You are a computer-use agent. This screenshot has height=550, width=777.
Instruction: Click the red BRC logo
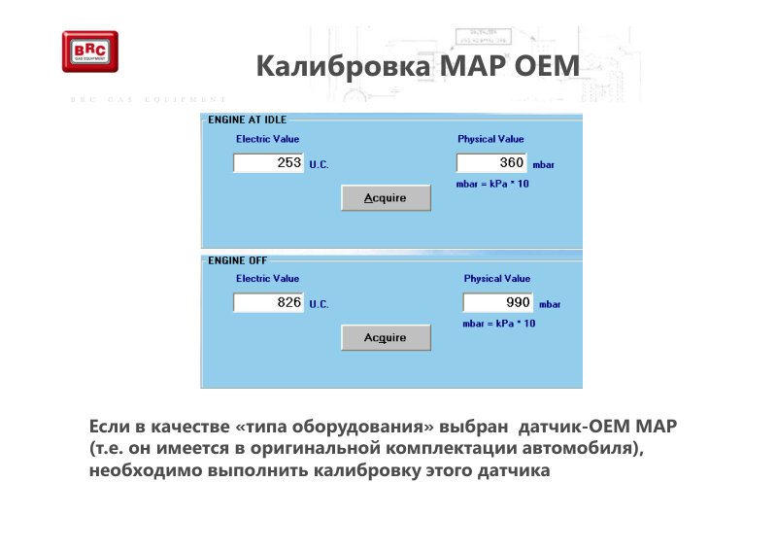click(x=90, y=52)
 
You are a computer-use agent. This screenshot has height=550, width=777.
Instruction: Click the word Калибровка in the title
click(x=343, y=66)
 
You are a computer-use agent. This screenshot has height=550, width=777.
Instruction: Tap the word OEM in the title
click(x=547, y=65)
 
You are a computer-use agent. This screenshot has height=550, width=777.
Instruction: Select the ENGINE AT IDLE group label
click(x=248, y=120)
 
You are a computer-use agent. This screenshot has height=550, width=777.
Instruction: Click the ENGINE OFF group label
click(x=237, y=260)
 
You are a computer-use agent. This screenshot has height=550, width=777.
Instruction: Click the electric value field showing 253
click(x=269, y=162)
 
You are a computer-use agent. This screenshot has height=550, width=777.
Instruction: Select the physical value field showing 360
click(x=491, y=162)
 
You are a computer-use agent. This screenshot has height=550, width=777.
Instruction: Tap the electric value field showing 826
click(x=269, y=302)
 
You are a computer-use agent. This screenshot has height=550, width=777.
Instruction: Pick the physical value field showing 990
click(x=497, y=302)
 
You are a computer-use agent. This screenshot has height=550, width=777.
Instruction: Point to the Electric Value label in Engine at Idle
click(x=268, y=139)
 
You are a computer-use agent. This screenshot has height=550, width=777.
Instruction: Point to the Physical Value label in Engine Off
click(x=497, y=278)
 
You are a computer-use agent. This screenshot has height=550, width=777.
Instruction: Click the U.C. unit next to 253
click(x=320, y=164)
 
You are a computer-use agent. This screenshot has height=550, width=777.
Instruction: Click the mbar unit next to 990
click(x=550, y=304)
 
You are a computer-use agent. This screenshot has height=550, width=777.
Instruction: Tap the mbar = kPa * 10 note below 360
click(x=492, y=184)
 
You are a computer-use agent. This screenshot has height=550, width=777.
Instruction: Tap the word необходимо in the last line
click(x=145, y=470)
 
